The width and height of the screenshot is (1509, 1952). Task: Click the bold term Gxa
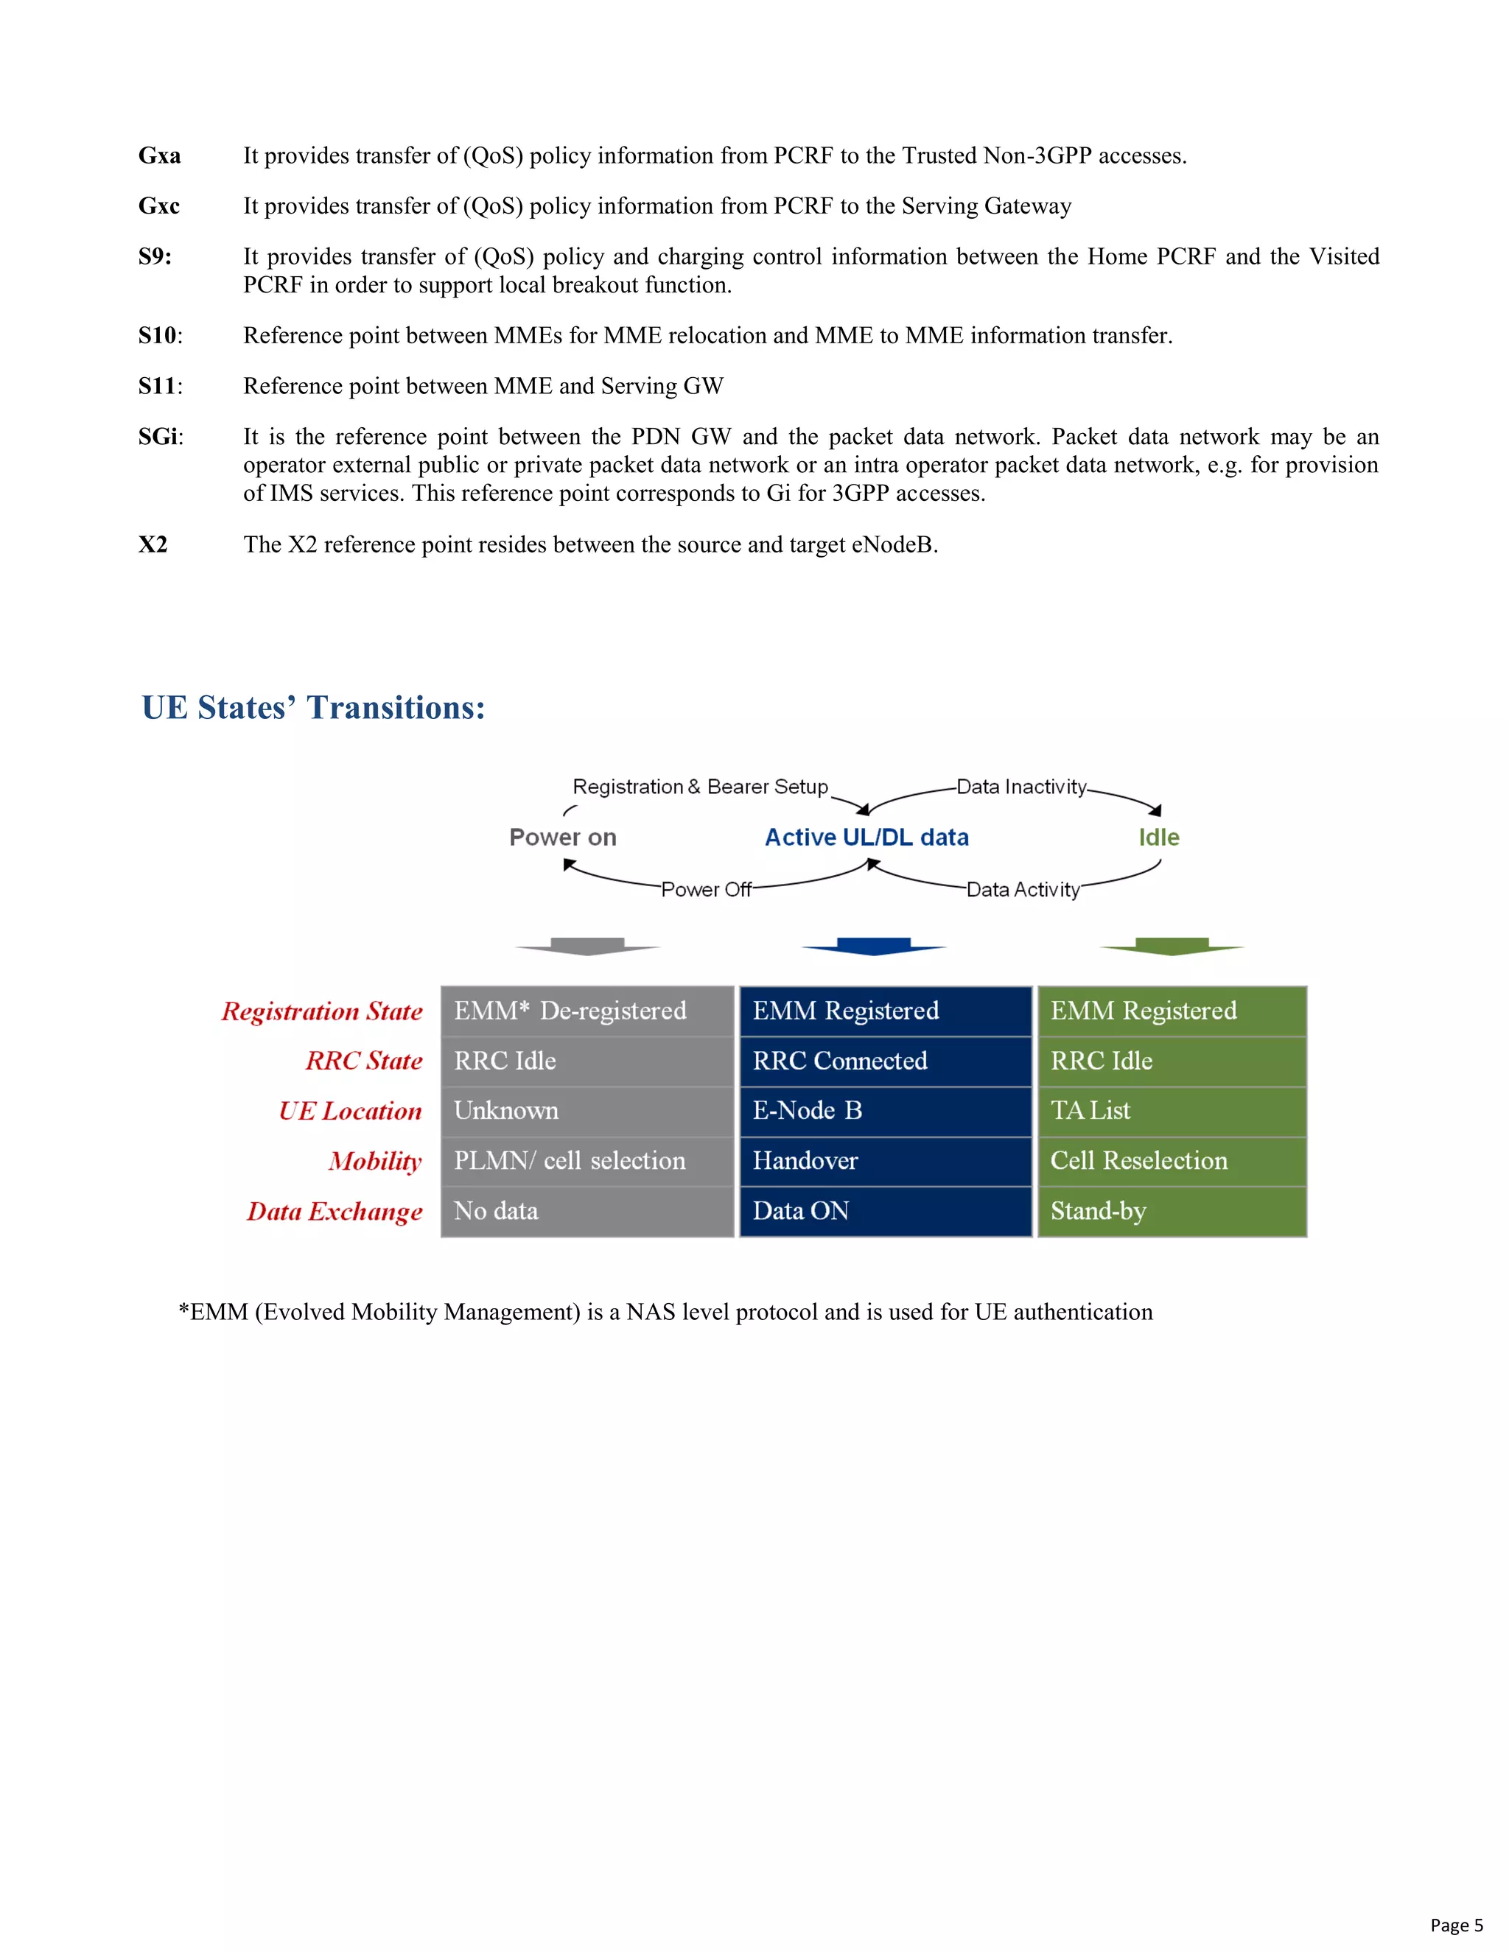(x=159, y=155)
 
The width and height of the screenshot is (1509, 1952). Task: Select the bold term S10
(x=158, y=335)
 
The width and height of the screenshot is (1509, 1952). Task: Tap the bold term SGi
(x=158, y=436)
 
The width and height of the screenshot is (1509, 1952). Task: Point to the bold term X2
(x=153, y=544)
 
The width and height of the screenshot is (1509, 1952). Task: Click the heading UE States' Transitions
(x=313, y=707)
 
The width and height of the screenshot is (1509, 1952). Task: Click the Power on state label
(x=562, y=838)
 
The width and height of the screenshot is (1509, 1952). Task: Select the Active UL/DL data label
(x=866, y=838)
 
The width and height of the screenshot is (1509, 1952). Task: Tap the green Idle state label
(x=1158, y=838)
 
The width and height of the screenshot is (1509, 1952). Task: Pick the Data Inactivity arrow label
(x=1021, y=787)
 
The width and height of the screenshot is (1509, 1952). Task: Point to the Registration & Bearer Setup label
(x=700, y=787)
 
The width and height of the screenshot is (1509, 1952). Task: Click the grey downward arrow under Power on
(x=587, y=947)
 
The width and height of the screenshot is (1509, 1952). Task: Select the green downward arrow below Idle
(x=1172, y=947)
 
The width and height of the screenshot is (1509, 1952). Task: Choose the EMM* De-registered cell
(x=587, y=1011)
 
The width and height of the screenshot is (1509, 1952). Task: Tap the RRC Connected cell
(x=885, y=1061)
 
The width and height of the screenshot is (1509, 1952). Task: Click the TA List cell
(x=1172, y=1111)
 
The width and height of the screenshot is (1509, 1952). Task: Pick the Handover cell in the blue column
(x=885, y=1161)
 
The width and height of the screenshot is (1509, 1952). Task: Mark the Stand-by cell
(x=1172, y=1211)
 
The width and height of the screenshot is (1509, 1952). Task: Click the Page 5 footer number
(x=1455, y=1925)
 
